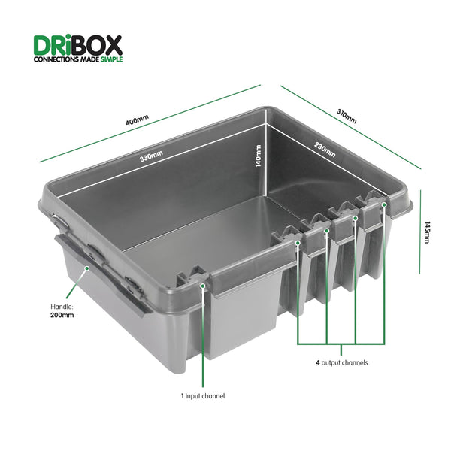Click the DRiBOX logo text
pyautogui.click(x=77, y=44)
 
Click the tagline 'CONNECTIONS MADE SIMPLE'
pyautogui.click(x=77, y=59)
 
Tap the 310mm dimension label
pyautogui.click(x=347, y=116)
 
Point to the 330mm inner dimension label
pyautogui.click(x=150, y=156)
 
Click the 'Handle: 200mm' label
pyautogui.click(x=62, y=310)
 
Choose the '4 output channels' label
pyautogui.click(x=342, y=362)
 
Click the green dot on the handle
pyautogui.click(x=87, y=267)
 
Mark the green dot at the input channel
pyautogui.click(x=203, y=285)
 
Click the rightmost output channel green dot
pyautogui.click(x=384, y=204)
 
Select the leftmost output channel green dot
pyautogui.click(x=298, y=243)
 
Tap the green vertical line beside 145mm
pyautogui.click(x=419, y=232)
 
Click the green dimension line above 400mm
pyautogui.click(x=150, y=123)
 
